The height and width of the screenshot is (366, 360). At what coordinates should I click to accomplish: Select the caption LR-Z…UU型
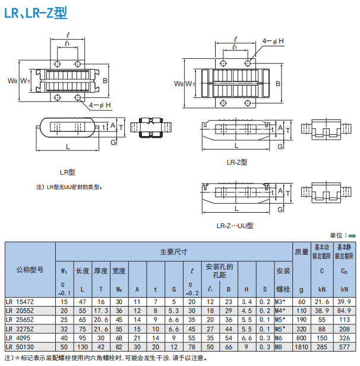[235, 225]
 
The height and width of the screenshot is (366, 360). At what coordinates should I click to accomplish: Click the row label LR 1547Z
[21, 302]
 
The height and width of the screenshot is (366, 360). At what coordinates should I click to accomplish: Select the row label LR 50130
[21, 346]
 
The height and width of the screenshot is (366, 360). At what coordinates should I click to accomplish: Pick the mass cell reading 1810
[301, 346]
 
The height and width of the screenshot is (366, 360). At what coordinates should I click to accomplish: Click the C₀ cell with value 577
[344, 346]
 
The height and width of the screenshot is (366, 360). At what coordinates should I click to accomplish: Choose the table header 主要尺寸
[173, 252]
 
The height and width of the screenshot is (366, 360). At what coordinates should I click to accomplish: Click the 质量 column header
[301, 252]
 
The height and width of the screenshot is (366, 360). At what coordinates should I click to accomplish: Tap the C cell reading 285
[322, 346]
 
